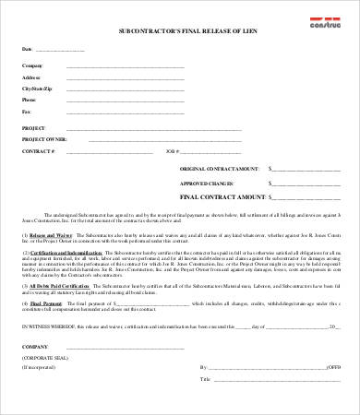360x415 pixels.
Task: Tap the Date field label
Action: tap(27, 48)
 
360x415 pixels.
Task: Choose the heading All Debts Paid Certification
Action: tap(63, 287)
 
